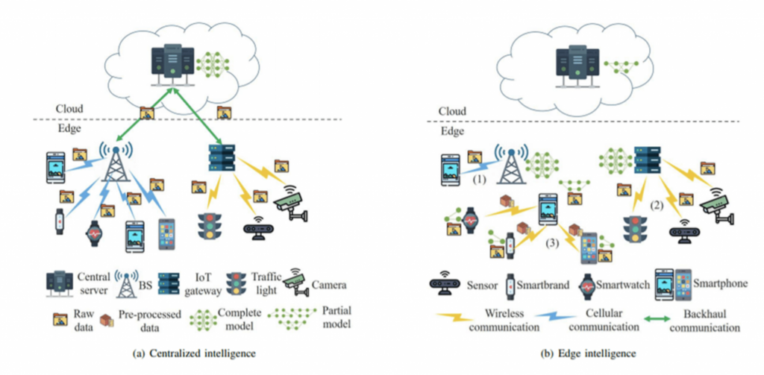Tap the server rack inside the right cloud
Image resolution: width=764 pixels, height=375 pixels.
tap(574, 60)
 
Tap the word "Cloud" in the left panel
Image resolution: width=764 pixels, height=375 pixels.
tap(71, 108)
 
